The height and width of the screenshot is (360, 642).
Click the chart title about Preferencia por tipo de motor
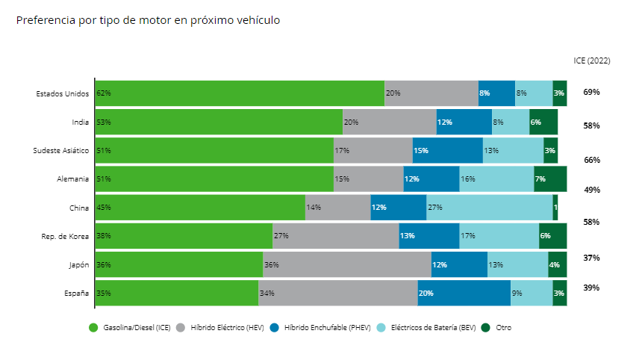click(x=148, y=20)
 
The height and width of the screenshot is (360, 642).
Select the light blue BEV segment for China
click(x=489, y=208)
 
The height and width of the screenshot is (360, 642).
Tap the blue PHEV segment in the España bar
click(x=464, y=293)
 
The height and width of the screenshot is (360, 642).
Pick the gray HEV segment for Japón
click(x=346, y=264)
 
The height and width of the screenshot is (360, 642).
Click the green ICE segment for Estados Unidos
click(x=239, y=93)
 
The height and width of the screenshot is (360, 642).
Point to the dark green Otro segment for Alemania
click(x=550, y=179)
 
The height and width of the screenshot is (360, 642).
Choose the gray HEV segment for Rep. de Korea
click(x=335, y=236)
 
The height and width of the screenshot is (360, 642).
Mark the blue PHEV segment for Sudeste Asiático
click(x=448, y=151)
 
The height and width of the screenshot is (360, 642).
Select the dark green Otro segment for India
click(x=543, y=122)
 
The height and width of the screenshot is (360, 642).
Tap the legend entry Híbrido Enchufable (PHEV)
click(x=327, y=328)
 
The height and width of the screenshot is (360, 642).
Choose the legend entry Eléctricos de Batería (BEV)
click(x=432, y=328)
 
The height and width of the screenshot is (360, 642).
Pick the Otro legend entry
click(x=502, y=328)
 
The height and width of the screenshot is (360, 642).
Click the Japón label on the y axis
click(x=78, y=264)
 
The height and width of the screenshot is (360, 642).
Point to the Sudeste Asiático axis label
click(x=61, y=151)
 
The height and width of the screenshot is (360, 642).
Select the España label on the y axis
click(x=77, y=293)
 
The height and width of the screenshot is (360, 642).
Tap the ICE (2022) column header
click(x=591, y=60)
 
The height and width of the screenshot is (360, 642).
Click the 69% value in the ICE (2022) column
click(x=591, y=92)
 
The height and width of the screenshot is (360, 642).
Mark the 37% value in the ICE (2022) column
click(x=591, y=258)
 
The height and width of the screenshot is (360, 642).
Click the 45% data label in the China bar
click(x=104, y=208)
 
